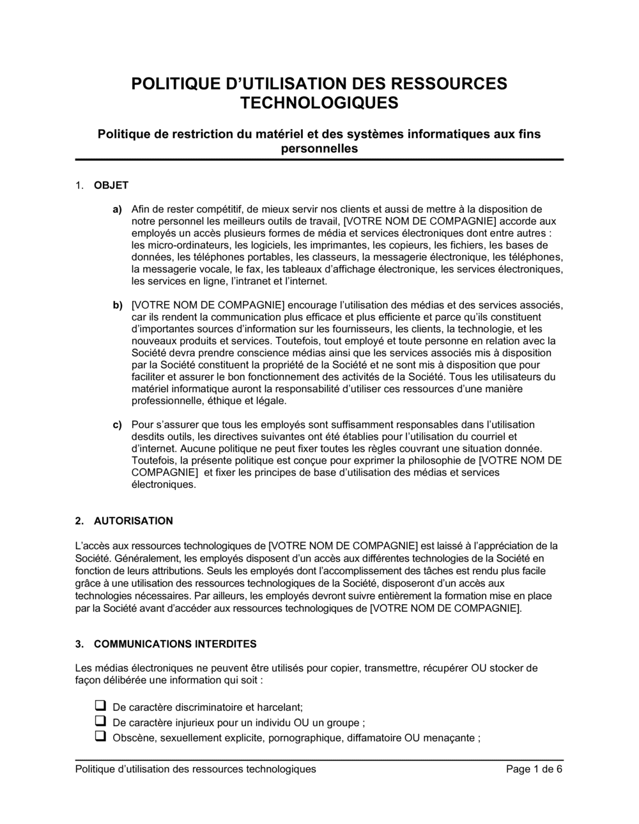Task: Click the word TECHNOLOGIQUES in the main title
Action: [319, 103]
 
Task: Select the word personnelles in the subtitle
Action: [319, 149]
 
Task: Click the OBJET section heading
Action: [111, 186]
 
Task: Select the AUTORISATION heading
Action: [133, 521]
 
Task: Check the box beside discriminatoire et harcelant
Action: [100, 706]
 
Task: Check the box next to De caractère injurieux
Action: [100, 722]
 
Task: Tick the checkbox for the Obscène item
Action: [100, 737]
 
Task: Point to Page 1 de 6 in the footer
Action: [534, 770]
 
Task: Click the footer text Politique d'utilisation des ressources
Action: [195, 770]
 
